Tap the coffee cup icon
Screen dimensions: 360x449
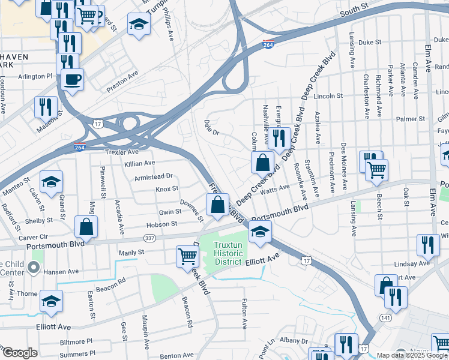[72, 79]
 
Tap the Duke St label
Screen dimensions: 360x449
[370, 43]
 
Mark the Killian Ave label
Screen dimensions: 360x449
[140, 163]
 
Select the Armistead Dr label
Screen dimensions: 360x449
[154, 176]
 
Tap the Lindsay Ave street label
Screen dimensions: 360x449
[412, 263]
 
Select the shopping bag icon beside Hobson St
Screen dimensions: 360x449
[86, 226]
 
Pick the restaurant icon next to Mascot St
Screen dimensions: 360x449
[46, 106]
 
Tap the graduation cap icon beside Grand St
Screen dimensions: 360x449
[51, 181]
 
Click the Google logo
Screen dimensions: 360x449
[19, 353]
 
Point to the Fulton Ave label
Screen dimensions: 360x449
[245, 314]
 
